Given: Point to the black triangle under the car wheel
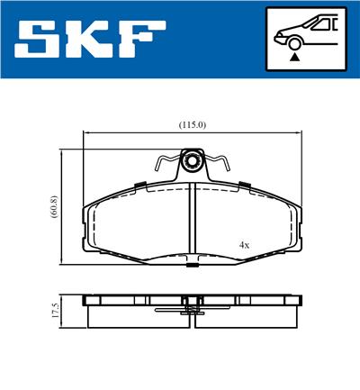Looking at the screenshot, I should pos(293,57).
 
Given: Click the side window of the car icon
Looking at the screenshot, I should pos(316,24).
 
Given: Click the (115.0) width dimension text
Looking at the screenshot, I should pos(193,124).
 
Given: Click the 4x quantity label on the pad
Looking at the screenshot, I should pos(244,244).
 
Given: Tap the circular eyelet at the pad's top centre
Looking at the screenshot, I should pos(191,163).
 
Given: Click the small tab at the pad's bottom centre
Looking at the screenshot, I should pos(191,265).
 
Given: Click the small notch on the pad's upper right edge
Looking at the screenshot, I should pos(243,185).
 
